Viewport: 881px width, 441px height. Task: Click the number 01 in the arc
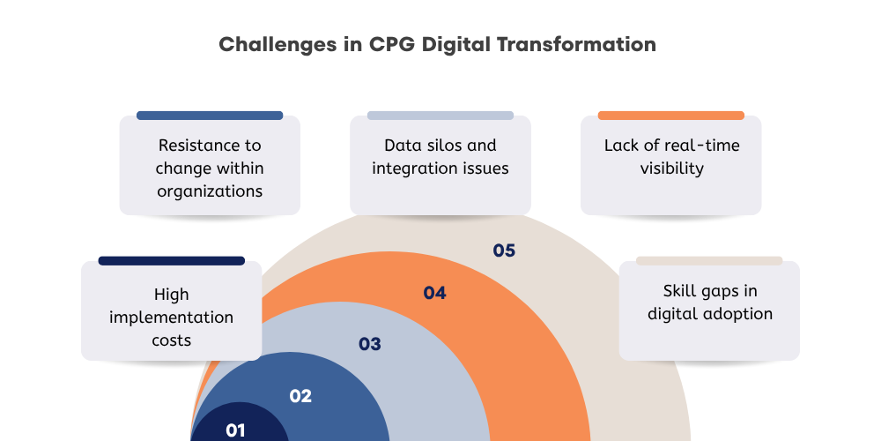[x=235, y=430]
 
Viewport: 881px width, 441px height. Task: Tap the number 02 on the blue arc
[x=300, y=396]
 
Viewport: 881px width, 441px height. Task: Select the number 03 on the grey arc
[x=370, y=344]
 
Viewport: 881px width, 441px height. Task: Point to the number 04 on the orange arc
[x=434, y=293]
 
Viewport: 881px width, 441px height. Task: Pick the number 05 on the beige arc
[x=504, y=250]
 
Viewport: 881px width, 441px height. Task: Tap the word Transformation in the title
[x=582, y=44]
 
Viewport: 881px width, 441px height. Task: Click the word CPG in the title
[x=396, y=44]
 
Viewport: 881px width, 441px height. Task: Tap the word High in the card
[x=171, y=295]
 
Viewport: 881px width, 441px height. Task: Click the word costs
[x=171, y=340]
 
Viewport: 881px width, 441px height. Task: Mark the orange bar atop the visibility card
[x=670, y=116]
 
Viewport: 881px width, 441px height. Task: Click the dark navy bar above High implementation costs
[x=171, y=261]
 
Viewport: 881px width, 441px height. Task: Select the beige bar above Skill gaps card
[x=709, y=261]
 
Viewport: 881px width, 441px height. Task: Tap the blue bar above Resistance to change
[x=210, y=116]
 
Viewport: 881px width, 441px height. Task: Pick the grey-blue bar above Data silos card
[x=440, y=116]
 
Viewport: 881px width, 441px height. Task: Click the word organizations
[x=210, y=190]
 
